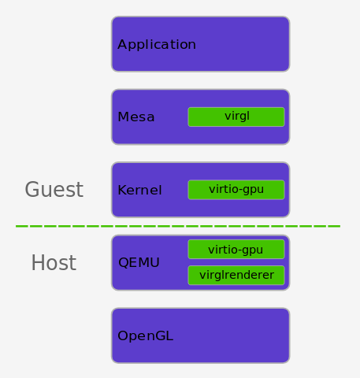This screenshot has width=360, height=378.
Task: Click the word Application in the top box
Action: pos(156,45)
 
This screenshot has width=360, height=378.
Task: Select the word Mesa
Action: pos(135,117)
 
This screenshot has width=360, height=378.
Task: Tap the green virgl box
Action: pos(236,117)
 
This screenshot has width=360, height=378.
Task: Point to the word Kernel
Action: pos(139,190)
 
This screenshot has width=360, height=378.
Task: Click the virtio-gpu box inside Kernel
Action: pos(236,190)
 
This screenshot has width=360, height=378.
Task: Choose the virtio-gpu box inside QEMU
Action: pos(236,250)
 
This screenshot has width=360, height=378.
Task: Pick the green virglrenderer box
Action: pos(236,276)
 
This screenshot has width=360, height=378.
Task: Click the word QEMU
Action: pos(139,262)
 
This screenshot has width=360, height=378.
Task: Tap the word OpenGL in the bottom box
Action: pos(145,335)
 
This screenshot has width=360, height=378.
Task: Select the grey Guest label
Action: pos(54,190)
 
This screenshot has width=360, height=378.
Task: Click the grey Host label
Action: pos(54,263)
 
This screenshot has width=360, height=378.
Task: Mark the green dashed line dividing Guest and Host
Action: pos(178,226)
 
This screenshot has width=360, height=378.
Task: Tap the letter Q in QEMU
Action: pos(123,263)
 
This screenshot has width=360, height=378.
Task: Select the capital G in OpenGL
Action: pos(158,335)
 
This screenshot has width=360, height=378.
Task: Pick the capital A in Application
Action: pos(122,45)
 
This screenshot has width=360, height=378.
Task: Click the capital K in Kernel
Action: pos(121,190)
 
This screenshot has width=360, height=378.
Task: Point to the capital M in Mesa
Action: pos(122,117)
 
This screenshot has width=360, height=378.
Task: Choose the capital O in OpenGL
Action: pos(123,335)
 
